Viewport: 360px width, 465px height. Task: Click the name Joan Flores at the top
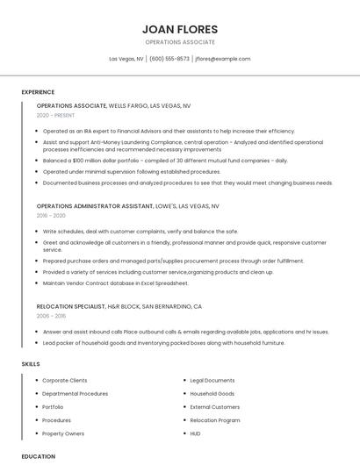point(179,29)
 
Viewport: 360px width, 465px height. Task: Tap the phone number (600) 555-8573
point(169,59)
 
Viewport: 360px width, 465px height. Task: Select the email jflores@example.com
point(223,59)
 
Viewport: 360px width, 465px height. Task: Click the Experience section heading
point(38,92)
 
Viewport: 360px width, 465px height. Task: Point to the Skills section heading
point(31,363)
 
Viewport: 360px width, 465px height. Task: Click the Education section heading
point(38,456)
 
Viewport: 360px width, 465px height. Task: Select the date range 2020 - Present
point(55,115)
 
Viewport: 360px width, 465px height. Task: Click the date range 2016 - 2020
point(51,215)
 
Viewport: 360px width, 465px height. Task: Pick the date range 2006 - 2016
point(51,315)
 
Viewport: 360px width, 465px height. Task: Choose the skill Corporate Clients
point(65,381)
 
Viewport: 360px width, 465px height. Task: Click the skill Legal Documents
point(212,381)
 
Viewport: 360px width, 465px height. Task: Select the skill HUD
point(195,433)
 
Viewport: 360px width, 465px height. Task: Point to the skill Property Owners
point(63,433)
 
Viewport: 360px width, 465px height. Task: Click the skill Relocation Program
point(215,420)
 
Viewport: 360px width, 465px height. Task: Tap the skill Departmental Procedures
point(76,394)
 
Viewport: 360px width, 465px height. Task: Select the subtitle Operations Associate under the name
point(179,42)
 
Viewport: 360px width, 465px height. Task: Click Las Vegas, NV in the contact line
point(126,59)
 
